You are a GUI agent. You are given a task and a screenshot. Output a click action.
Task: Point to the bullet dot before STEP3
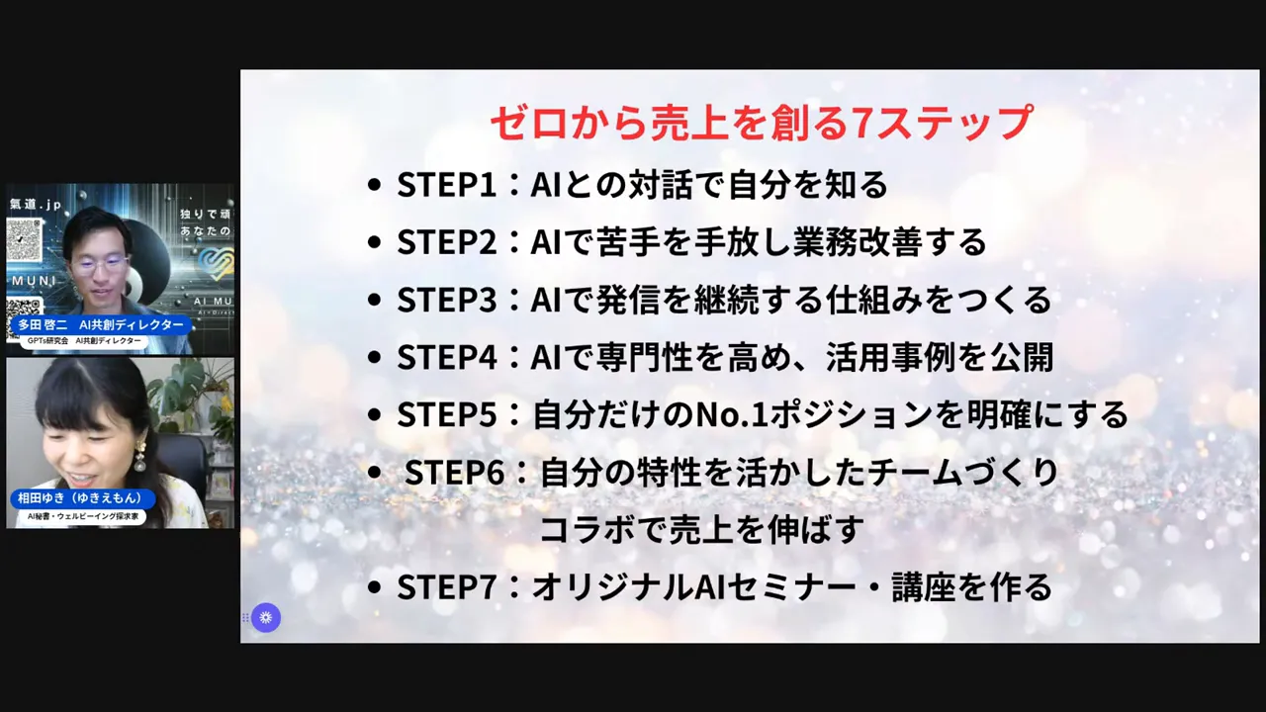point(373,301)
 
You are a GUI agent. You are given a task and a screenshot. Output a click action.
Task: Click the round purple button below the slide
point(266,618)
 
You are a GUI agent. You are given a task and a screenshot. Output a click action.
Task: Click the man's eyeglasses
point(100,264)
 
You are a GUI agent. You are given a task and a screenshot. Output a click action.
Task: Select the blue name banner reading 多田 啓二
point(100,324)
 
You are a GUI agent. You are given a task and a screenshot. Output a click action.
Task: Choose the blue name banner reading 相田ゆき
point(81,498)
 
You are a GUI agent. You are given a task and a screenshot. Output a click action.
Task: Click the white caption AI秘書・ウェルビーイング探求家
point(83,516)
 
